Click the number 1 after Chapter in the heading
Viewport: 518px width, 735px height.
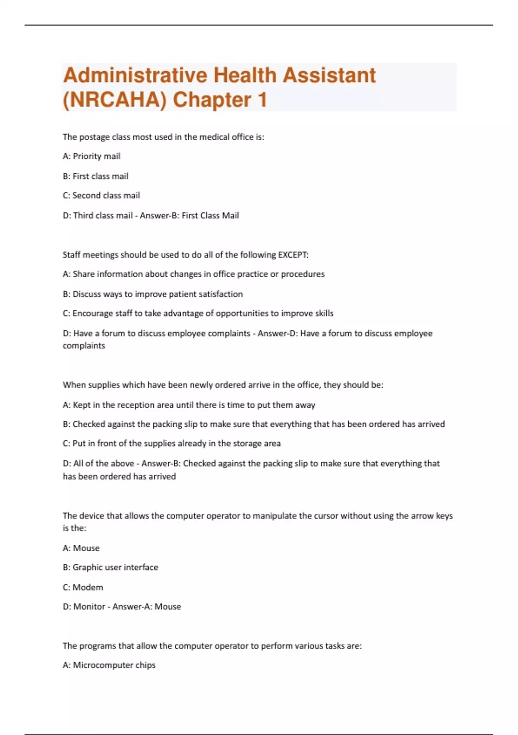[x=262, y=100]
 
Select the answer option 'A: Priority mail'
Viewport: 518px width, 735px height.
[x=92, y=156]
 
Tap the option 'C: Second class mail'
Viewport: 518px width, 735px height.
[x=101, y=195]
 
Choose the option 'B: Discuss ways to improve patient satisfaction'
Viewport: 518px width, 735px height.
[x=153, y=294]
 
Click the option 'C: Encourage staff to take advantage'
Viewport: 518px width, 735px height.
[x=198, y=313]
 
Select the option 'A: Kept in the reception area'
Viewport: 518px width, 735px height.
[x=189, y=405]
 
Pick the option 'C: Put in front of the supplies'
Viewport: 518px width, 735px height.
[x=172, y=443]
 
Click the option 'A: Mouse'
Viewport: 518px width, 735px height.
[x=81, y=548]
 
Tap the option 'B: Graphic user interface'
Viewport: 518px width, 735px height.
[x=111, y=567]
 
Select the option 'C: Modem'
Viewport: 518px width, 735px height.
[x=83, y=587]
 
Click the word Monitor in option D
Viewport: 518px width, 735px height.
[x=89, y=607]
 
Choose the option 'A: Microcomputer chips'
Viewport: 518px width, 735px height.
[x=109, y=665]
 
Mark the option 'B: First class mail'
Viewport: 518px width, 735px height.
[x=95, y=176]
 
